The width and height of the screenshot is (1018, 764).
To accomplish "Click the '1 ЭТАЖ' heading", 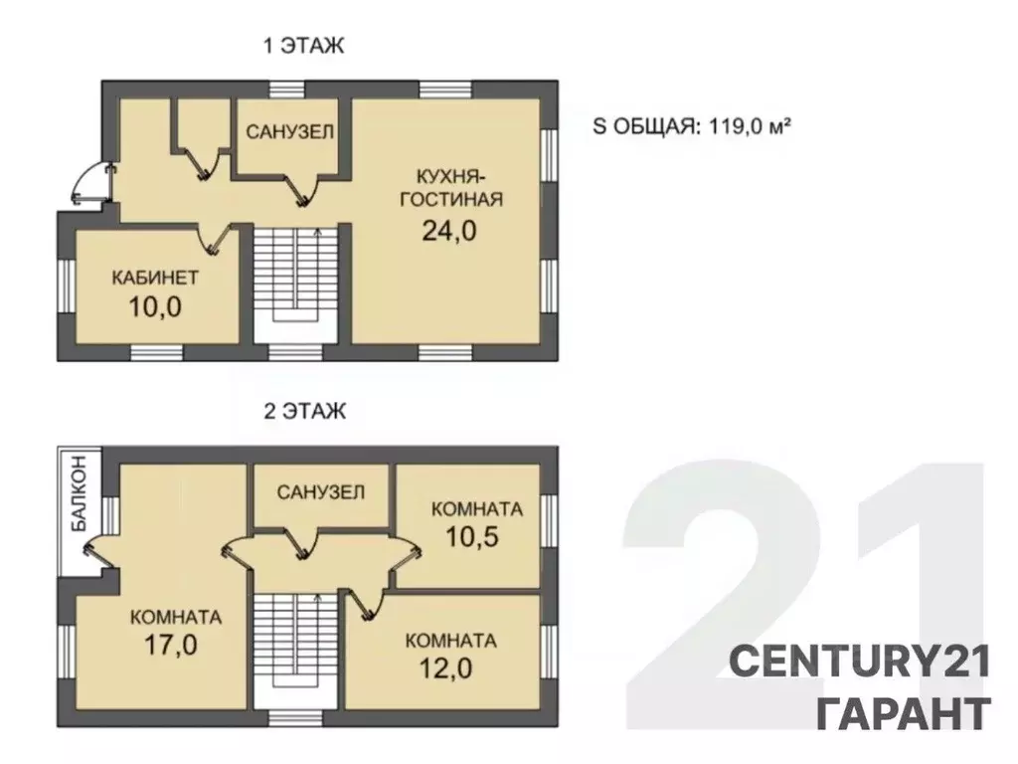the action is [303, 46].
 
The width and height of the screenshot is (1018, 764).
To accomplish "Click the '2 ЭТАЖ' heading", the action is [304, 411].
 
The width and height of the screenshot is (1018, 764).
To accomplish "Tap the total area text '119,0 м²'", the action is [749, 125].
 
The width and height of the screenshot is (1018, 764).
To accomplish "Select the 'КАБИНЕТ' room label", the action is [155, 279].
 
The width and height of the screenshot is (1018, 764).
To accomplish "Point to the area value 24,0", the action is [449, 230].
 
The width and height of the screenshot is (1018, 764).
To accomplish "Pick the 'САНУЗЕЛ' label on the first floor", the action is [289, 132].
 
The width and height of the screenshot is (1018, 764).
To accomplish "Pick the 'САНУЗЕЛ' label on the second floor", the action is [321, 492].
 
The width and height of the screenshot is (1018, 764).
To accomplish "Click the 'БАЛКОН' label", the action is [79, 493].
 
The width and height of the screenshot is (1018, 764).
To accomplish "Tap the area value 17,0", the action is [171, 645].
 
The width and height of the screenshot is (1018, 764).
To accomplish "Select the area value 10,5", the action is [472, 536].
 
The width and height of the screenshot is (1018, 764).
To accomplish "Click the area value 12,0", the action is [445, 668].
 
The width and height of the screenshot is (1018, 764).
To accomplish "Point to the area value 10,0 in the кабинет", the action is [155, 306].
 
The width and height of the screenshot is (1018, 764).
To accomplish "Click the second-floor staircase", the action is [296, 650].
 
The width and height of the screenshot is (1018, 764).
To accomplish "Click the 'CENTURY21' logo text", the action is [860, 663].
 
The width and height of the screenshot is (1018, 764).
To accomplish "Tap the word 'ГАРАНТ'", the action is [904, 713].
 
